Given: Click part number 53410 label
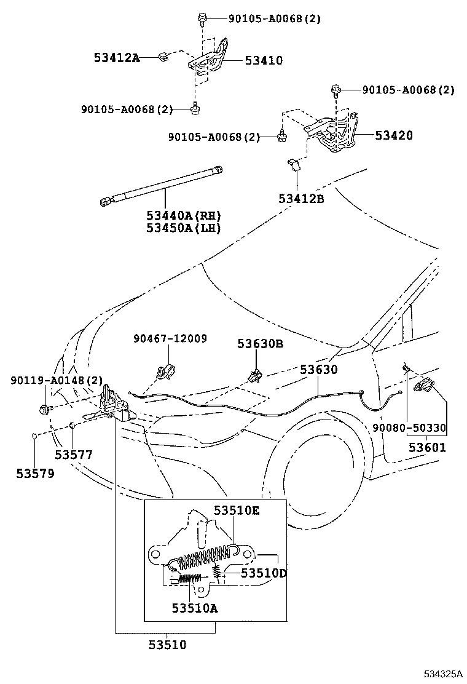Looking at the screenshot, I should pyautogui.click(x=264, y=61).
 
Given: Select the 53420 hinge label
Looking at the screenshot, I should pyautogui.click(x=394, y=135).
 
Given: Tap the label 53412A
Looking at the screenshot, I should pyautogui.click(x=117, y=58).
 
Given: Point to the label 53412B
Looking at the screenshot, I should pyautogui.click(x=301, y=199).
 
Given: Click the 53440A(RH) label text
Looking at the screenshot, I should pyautogui.click(x=183, y=216).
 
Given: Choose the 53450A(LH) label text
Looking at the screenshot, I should pyautogui.click(x=183, y=228).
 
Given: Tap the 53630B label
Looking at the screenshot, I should pyautogui.click(x=260, y=344).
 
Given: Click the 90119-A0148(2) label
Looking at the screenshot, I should pyautogui.click(x=56, y=381).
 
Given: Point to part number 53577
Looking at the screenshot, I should pyautogui.click(x=73, y=455).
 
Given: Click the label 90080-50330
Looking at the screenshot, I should pyautogui.click(x=409, y=427).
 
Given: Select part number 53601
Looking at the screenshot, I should pyautogui.click(x=428, y=447).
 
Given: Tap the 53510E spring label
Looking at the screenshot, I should pyautogui.click(x=237, y=510).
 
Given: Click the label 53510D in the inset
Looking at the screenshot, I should pyautogui.click(x=264, y=573).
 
